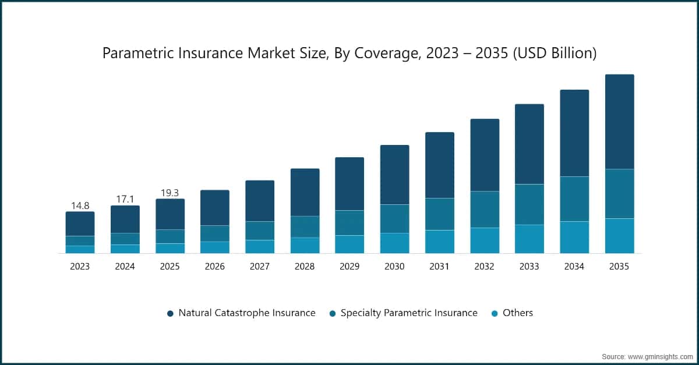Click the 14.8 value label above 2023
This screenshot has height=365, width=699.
click(x=80, y=205)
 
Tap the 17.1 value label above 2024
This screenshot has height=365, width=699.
click(x=125, y=199)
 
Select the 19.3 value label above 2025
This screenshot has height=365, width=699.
click(x=170, y=193)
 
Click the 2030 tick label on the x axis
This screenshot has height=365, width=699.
click(x=394, y=267)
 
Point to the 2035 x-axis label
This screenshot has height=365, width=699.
click(x=619, y=267)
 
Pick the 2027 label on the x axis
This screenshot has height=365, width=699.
click(x=260, y=267)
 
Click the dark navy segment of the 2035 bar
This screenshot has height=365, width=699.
click(x=619, y=122)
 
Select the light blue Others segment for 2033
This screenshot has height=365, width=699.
click(x=529, y=239)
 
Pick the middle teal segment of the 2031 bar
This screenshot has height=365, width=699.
click(x=440, y=214)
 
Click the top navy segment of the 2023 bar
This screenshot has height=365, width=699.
click(x=80, y=224)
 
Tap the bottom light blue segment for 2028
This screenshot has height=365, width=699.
click(x=305, y=245)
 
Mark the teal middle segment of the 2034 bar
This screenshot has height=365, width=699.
click(x=574, y=199)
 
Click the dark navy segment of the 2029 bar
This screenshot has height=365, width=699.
click(x=349, y=183)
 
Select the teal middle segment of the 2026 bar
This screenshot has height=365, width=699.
click(x=215, y=233)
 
